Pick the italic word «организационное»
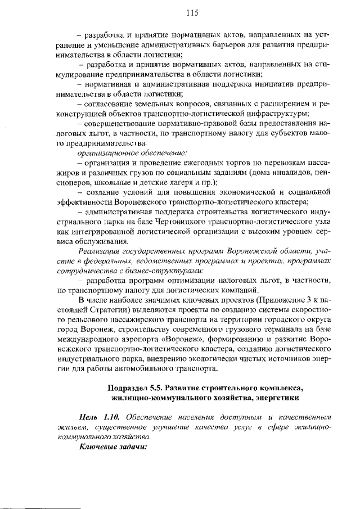pos(105,152)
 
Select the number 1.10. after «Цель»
pos(111,417)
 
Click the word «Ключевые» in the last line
pos(97,447)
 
